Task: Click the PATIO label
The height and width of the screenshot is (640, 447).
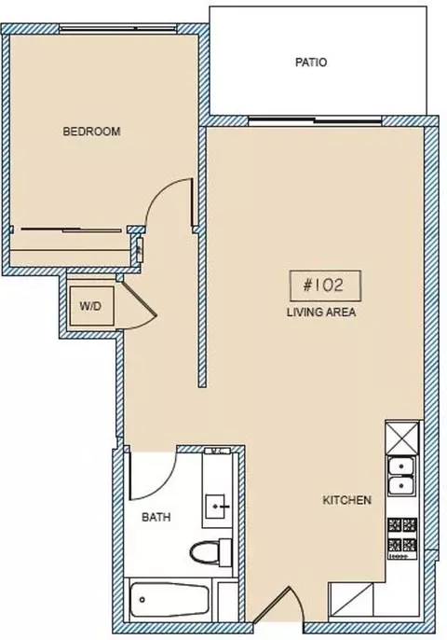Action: point(311,63)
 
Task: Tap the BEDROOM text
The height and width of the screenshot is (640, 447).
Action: point(91,132)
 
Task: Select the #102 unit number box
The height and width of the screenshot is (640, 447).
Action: point(325,285)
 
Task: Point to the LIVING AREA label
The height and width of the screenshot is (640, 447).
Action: point(321,313)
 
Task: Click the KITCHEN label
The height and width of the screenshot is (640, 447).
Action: point(346,500)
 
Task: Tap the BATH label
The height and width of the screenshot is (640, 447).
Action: point(156,517)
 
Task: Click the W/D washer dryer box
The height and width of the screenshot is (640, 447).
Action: point(91,306)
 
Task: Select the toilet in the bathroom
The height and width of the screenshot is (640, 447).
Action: point(211,552)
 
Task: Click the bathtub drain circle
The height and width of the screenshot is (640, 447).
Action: point(142,600)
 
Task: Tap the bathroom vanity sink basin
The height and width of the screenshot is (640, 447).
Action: point(215,507)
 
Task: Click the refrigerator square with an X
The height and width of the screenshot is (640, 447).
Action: point(402,438)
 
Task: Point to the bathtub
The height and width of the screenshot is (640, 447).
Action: point(169,600)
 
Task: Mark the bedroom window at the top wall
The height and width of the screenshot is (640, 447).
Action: point(118,29)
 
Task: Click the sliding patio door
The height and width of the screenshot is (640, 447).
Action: point(315,120)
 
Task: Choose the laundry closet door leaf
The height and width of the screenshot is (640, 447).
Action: point(139,298)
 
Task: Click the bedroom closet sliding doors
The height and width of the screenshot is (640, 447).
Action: point(72,230)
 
